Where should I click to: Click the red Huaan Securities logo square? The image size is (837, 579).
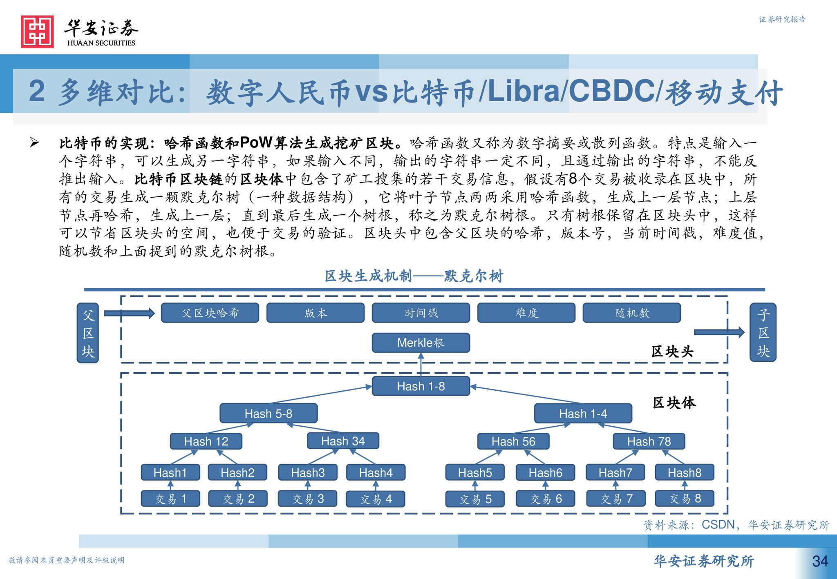(x=37, y=32)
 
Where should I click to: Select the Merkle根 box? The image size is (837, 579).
(x=421, y=343)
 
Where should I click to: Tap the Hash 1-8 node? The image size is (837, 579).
(x=421, y=386)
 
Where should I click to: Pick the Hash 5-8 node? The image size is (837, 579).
(x=268, y=413)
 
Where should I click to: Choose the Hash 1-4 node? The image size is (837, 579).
(x=583, y=413)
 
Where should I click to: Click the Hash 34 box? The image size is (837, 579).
(x=343, y=441)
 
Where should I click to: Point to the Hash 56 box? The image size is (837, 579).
(x=513, y=441)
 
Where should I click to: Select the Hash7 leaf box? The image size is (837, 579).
(x=615, y=472)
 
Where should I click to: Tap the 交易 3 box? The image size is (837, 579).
(x=308, y=499)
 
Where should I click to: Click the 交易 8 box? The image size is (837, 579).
(x=685, y=499)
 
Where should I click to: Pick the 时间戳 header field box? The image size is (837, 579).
(x=421, y=313)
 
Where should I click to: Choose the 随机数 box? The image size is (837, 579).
(x=631, y=313)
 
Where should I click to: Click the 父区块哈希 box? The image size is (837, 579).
(x=210, y=313)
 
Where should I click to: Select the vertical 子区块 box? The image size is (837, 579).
(x=763, y=332)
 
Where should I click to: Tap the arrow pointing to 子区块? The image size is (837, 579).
(x=719, y=332)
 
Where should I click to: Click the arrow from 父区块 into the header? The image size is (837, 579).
(x=129, y=313)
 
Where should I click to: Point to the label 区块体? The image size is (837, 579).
(x=674, y=403)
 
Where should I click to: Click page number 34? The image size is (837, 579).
(x=820, y=561)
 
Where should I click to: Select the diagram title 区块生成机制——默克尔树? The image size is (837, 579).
(x=414, y=276)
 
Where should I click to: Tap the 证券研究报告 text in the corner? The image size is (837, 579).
(x=782, y=19)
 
